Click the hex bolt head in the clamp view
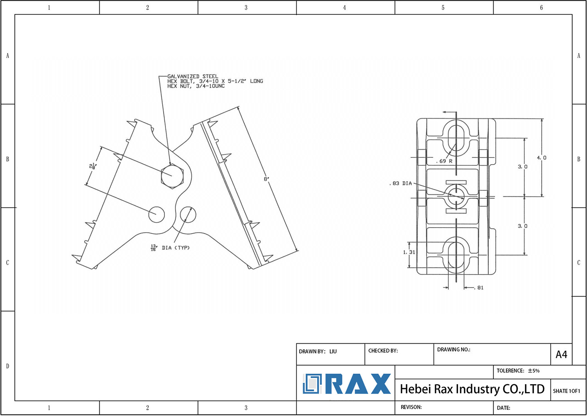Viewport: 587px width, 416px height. tap(172, 176)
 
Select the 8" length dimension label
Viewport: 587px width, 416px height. tap(266, 179)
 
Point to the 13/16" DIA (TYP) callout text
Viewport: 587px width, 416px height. tap(170, 248)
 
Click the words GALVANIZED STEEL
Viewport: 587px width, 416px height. tap(193, 76)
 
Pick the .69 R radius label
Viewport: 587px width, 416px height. tap(444, 161)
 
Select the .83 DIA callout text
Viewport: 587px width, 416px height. tap(401, 183)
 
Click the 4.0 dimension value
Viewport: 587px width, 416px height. tap(542, 157)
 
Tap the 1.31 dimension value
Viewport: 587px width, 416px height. tap(409, 252)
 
